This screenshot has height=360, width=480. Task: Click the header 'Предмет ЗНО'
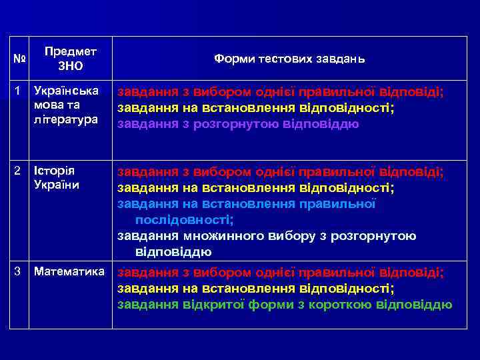[70, 59]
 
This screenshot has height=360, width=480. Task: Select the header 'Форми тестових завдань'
[289, 59]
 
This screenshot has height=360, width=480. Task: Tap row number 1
[18, 89]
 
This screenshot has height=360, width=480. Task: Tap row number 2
[18, 172]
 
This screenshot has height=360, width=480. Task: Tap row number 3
[18, 272]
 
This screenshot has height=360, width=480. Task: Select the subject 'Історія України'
[56, 179]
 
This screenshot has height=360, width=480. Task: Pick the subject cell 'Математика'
[69, 272]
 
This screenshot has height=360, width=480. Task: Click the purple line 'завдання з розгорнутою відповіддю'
[239, 124]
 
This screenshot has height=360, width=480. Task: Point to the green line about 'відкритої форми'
[285, 305]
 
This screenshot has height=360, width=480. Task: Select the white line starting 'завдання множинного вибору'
[267, 236]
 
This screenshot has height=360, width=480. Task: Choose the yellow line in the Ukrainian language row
[256, 108]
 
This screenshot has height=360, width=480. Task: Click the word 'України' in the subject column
[56, 186]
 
